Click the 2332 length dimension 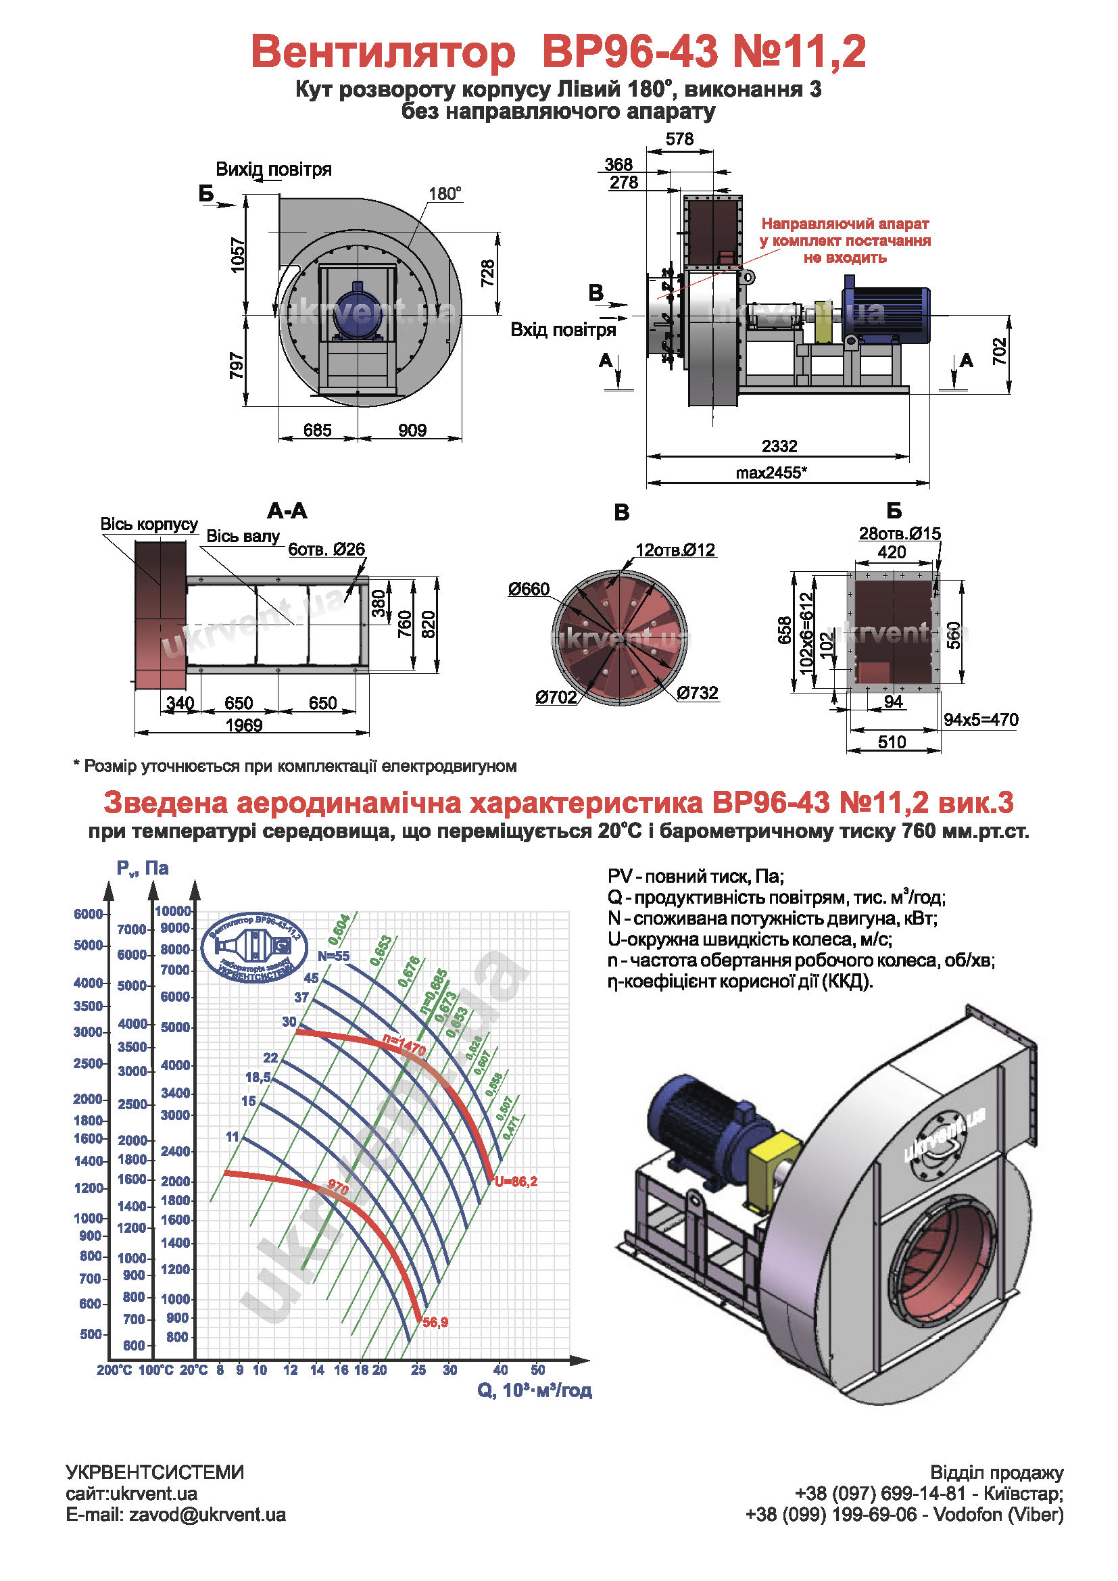tap(779, 446)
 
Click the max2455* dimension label tap(771, 473)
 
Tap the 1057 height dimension tap(237, 255)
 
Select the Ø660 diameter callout tap(529, 589)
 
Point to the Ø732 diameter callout tap(697, 693)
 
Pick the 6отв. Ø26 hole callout tap(326, 549)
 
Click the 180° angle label tap(445, 194)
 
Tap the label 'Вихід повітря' tap(273, 170)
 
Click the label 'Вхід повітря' tap(562, 330)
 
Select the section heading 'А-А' tap(287, 511)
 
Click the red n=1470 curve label tap(404, 1046)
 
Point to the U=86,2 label tap(516, 1182)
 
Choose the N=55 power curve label tap(333, 956)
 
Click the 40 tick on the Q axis tap(500, 1370)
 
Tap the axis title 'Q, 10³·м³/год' tap(534, 1391)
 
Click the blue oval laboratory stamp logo tap(254, 947)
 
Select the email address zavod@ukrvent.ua tap(176, 1515)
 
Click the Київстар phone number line tap(929, 1494)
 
